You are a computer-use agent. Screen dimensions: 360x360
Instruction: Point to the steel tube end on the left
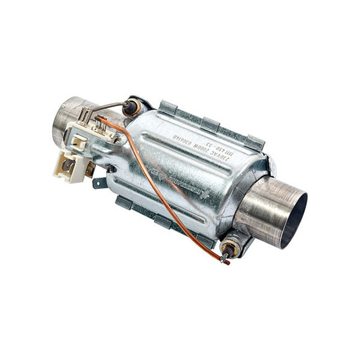(65, 120)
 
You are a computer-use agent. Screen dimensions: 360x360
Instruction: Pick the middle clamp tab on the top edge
(211, 123)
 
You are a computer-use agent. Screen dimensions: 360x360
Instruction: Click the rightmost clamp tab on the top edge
(253, 142)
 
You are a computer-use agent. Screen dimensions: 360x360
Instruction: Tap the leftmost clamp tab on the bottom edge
(124, 201)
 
